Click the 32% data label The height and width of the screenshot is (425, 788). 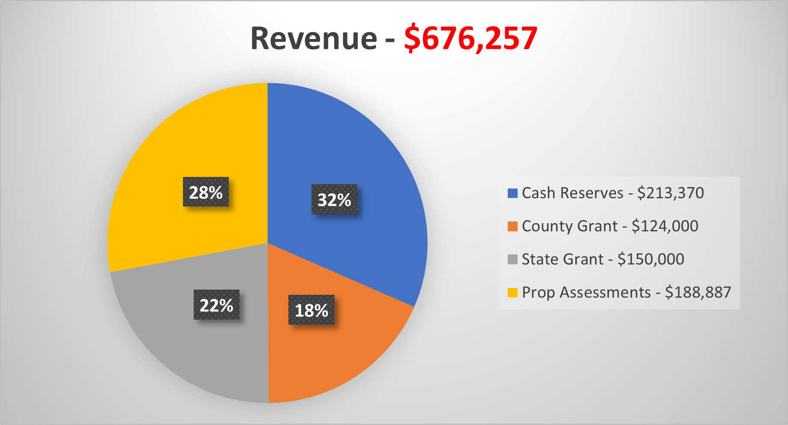pyautogui.click(x=334, y=200)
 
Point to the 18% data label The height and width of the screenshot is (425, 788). pyautogui.click(x=312, y=310)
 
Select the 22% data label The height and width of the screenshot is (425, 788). pyautogui.click(x=216, y=305)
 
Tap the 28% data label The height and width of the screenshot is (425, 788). pyautogui.click(x=206, y=192)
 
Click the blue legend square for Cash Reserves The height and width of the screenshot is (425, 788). pyautogui.click(x=512, y=193)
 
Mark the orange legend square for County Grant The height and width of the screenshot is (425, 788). pyautogui.click(x=512, y=226)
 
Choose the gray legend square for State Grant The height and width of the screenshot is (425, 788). pyautogui.click(x=512, y=259)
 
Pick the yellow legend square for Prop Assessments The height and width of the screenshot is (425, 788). pyautogui.click(x=512, y=293)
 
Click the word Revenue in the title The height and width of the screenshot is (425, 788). pyautogui.click(x=314, y=39)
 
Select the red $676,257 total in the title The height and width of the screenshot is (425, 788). pyautogui.click(x=470, y=39)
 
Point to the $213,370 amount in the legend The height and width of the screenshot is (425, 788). pyautogui.click(x=670, y=193)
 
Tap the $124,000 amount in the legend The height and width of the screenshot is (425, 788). pyautogui.click(x=665, y=226)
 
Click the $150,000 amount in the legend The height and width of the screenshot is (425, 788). pyautogui.click(x=650, y=259)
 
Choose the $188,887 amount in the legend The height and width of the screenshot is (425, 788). pyautogui.click(x=698, y=293)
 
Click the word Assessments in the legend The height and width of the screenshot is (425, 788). pyautogui.click(x=605, y=293)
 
